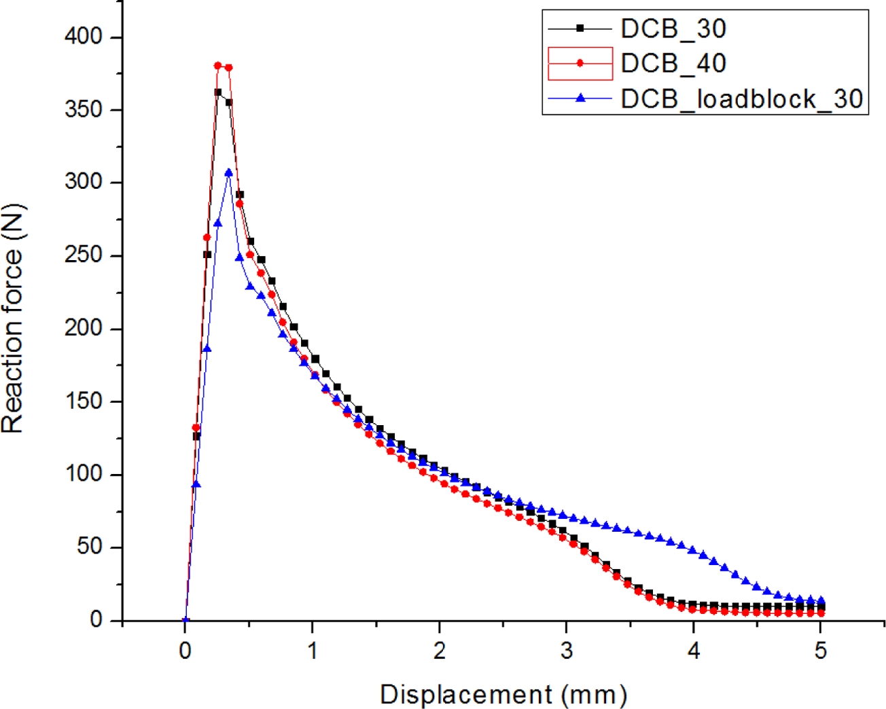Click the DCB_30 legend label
[673, 29]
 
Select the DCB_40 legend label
[673, 63]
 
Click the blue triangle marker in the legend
[580, 98]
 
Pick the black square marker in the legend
[580, 29]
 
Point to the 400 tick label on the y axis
[84, 37]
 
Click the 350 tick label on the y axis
[84, 109]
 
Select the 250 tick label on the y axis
[84, 255]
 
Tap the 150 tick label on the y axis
[84, 401]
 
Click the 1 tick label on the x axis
[313, 651]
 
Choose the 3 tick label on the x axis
[567, 651]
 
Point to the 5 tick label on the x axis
[821, 651]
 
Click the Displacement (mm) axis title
[503, 695]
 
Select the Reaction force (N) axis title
[13, 319]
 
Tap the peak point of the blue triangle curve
[229, 172]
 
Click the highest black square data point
[218, 92]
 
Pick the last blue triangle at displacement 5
[821, 601]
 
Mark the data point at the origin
[185, 620]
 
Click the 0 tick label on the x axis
[185, 651]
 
